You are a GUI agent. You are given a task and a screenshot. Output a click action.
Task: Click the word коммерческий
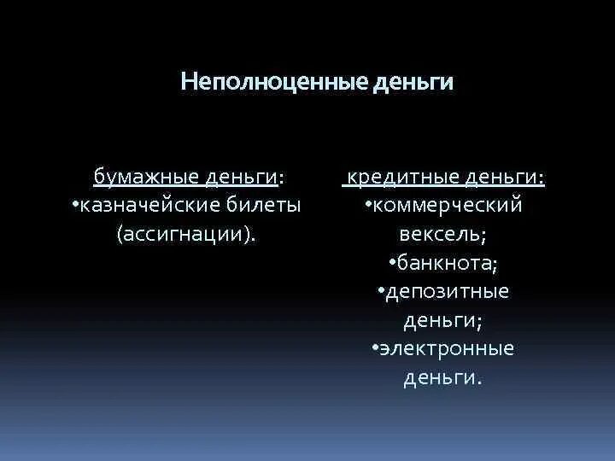coord(447,206)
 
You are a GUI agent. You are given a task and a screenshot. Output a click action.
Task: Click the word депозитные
coord(448,291)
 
